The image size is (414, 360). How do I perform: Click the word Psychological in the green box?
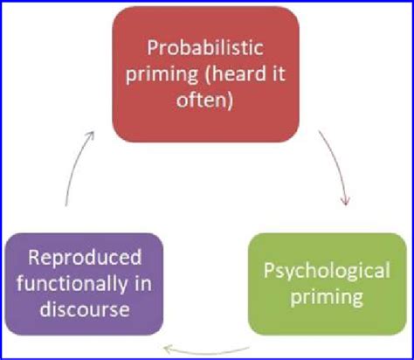[x=328, y=270]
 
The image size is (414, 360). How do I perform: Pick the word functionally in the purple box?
[x=72, y=284]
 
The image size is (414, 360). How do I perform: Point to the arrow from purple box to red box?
[x=74, y=170]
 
